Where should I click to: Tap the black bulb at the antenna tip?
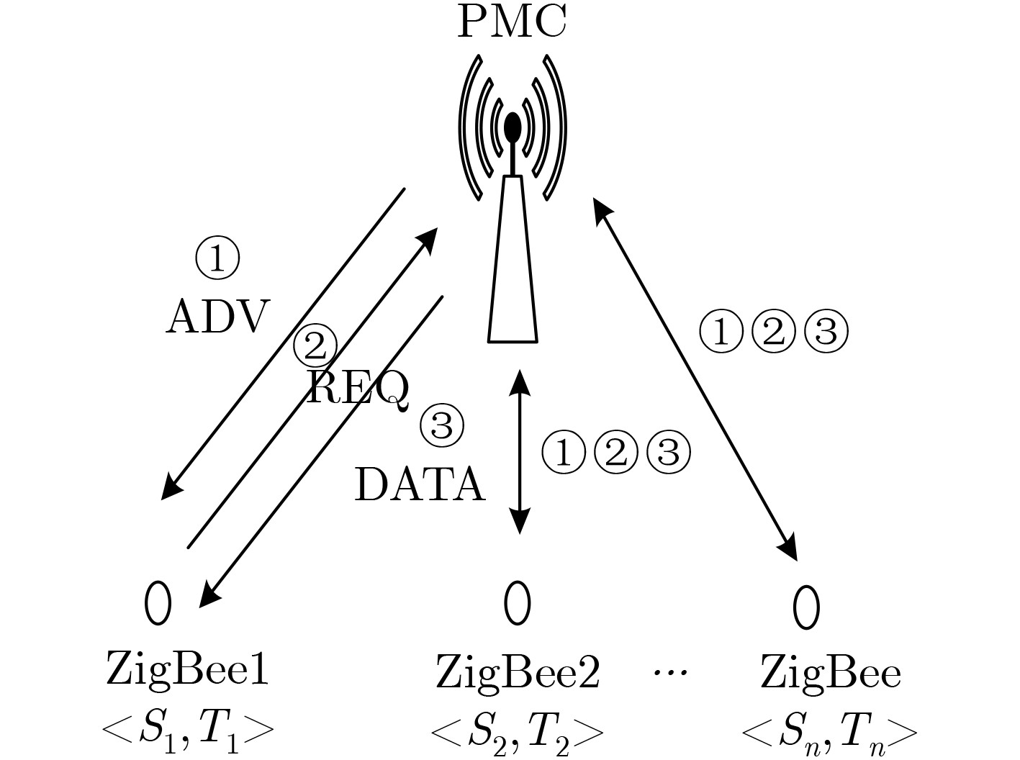point(513,127)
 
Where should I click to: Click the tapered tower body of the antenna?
point(513,266)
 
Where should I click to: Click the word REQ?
point(358,389)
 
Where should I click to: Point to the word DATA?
point(420,484)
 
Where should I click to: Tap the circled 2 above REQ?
point(315,345)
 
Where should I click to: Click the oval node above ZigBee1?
point(158,602)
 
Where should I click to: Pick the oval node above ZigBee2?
point(518,602)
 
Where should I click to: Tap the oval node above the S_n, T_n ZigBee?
point(805,606)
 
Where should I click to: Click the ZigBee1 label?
point(187,670)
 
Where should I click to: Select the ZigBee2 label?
point(518,673)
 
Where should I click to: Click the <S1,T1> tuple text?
point(188,731)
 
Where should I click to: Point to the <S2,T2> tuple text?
point(517,733)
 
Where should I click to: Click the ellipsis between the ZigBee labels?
point(670,673)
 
